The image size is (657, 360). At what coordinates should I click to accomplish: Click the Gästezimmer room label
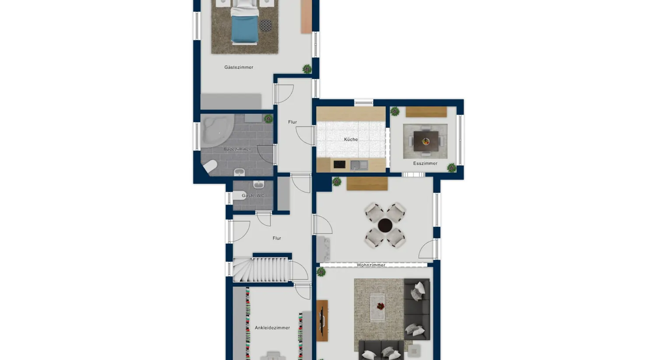point(239,67)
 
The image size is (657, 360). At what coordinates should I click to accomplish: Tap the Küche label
point(351,140)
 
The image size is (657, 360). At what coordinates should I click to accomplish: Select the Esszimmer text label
point(425,163)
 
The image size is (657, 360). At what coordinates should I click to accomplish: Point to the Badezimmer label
point(237,149)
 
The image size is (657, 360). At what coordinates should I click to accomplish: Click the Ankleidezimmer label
point(272,328)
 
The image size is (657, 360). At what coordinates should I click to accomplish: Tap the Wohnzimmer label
point(371,265)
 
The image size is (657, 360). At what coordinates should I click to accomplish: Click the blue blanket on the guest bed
point(244,29)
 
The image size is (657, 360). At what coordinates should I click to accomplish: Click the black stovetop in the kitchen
point(339,165)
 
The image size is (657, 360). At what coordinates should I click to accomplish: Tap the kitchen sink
point(359,165)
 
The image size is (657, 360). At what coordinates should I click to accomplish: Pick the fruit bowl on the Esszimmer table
point(426,141)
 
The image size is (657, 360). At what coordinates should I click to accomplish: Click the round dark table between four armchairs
point(385,226)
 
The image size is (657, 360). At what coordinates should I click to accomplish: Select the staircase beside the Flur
point(261,269)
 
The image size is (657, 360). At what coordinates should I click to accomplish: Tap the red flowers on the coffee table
point(381,307)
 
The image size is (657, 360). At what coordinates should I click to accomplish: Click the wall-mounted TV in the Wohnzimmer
point(322,321)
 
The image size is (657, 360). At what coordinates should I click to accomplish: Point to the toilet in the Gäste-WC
point(240,195)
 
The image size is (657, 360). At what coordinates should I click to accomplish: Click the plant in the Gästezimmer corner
point(307,69)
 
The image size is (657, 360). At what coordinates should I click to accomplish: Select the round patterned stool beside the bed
point(265,25)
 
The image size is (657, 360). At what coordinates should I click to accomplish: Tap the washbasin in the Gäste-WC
point(258,184)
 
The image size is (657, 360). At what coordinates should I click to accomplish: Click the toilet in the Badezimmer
point(210,166)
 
